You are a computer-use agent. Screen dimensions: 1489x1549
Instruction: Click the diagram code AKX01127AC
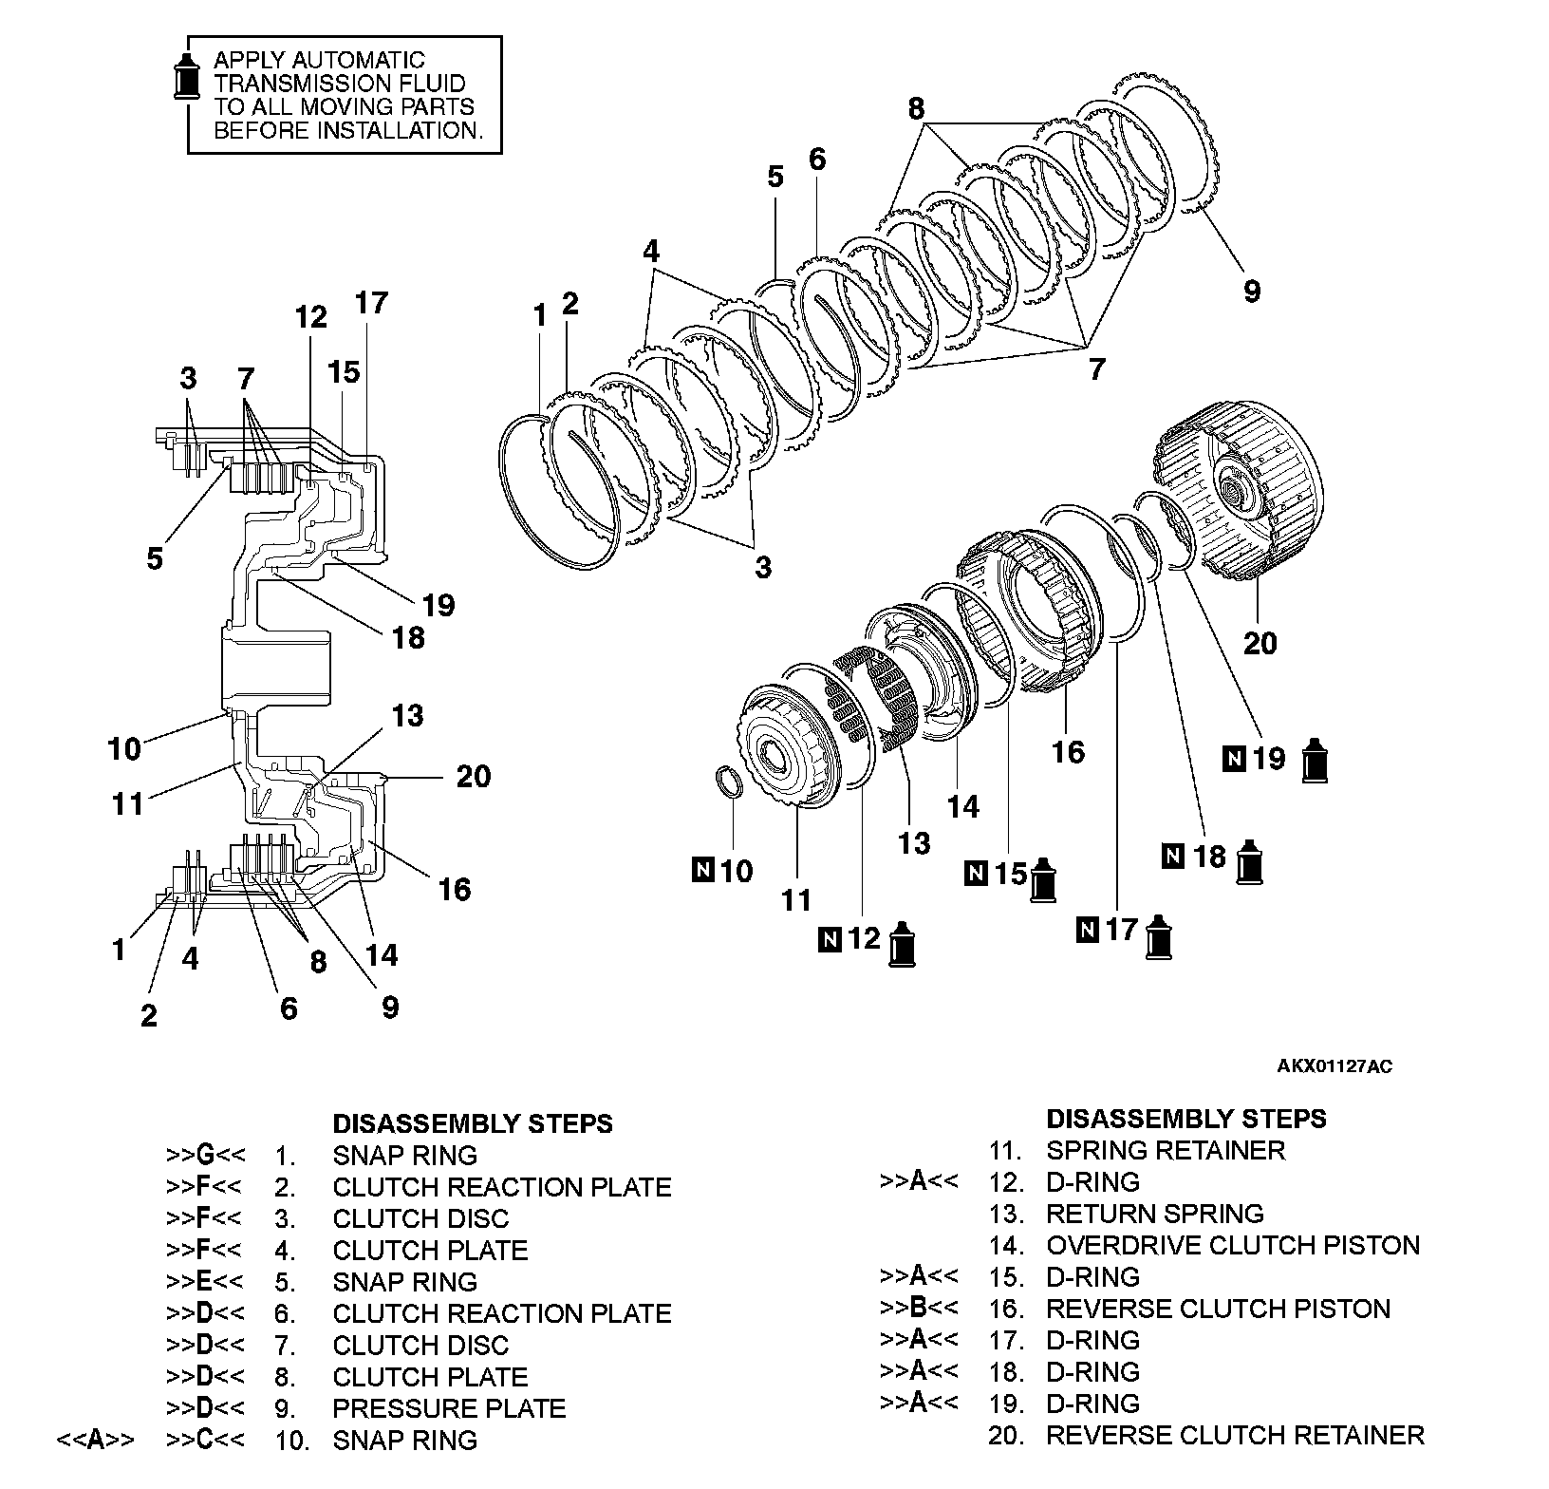[x=1334, y=1066]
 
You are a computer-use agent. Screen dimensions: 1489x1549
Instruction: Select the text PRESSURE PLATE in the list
[x=449, y=1408]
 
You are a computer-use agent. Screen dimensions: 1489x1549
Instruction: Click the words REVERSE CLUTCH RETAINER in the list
[x=1235, y=1435]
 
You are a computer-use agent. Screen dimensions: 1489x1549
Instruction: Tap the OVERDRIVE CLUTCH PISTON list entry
[x=1233, y=1245]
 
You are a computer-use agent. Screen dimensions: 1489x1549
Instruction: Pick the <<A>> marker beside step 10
[x=95, y=1441]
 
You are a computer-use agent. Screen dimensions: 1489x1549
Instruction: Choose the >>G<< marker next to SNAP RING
[x=205, y=1156]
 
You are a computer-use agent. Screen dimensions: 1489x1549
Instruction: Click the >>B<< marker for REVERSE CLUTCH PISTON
[x=919, y=1309]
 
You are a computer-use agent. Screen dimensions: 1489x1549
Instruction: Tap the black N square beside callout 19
[x=1235, y=758]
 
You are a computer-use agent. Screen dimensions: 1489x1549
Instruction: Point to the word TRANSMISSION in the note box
[x=280, y=84]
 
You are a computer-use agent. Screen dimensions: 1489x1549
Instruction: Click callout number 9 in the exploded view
[x=1252, y=292]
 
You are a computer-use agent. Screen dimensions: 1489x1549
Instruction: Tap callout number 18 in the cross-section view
[x=408, y=637]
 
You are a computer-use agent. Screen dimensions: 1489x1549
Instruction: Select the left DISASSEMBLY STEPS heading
[x=473, y=1123]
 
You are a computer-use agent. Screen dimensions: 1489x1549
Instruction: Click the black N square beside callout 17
[x=1087, y=930]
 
